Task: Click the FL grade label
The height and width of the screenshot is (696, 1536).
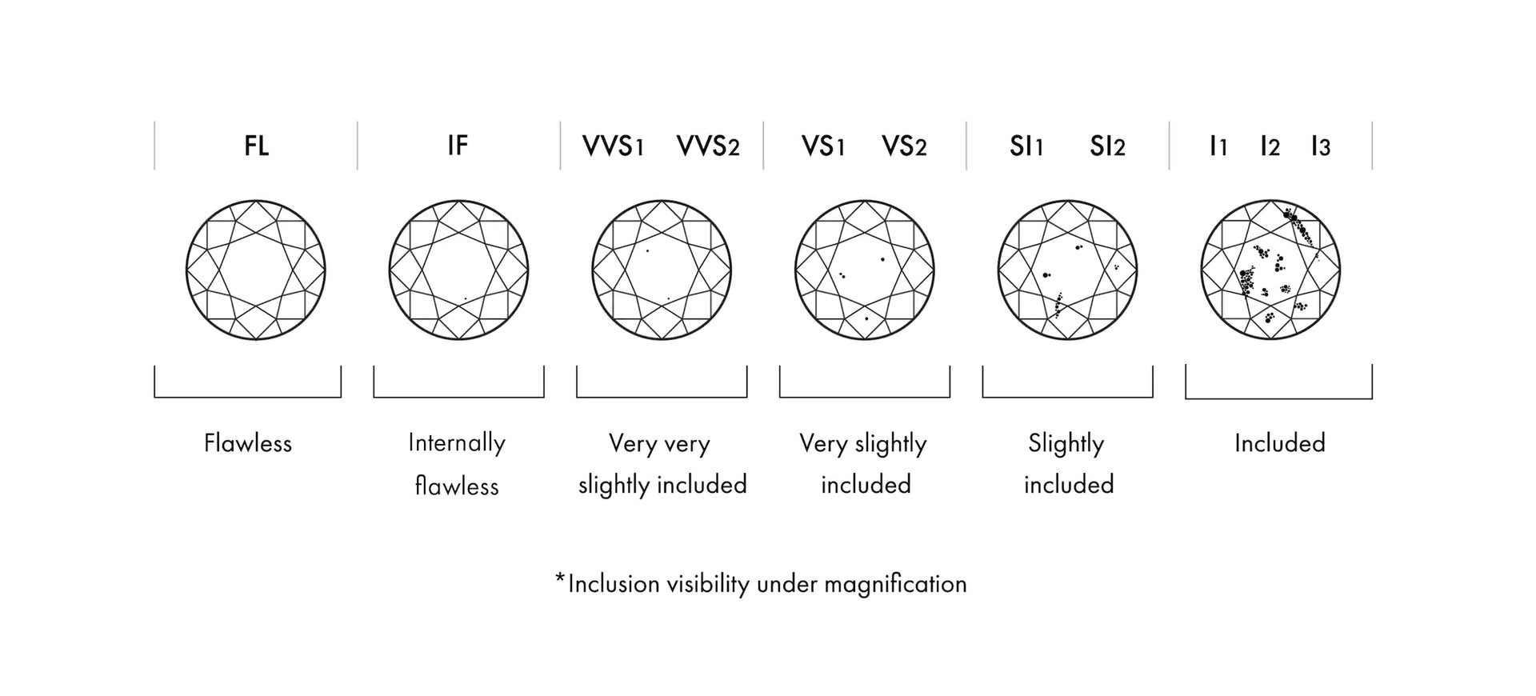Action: point(256,146)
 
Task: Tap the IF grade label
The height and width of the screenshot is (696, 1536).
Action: point(458,146)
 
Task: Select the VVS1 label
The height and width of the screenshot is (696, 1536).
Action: point(613,146)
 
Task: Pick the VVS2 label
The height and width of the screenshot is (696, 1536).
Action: point(708,146)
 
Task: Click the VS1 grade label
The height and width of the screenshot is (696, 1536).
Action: point(823,146)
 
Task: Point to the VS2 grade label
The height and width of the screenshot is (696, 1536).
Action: point(904,146)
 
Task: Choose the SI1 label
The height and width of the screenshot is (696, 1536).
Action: point(1026,146)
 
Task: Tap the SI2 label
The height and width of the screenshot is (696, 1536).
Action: point(1107,146)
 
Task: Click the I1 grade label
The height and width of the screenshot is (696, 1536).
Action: point(1218,146)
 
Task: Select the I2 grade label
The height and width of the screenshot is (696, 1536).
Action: point(1270,146)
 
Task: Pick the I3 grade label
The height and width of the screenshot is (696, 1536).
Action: point(1321,146)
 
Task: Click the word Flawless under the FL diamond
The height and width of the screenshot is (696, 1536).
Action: point(248,443)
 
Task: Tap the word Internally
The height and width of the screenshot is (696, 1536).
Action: point(457,443)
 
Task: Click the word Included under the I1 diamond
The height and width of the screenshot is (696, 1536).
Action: point(1279,443)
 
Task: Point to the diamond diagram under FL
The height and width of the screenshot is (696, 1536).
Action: point(256,270)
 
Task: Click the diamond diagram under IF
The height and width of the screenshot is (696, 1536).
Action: point(458,270)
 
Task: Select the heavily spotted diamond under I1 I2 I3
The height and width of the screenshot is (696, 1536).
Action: point(1270,270)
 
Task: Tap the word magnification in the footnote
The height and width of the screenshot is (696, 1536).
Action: point(895,585)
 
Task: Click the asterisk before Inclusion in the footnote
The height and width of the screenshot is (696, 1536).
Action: point(560,578)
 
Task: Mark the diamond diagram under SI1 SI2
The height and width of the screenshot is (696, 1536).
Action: point(1067,270)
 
